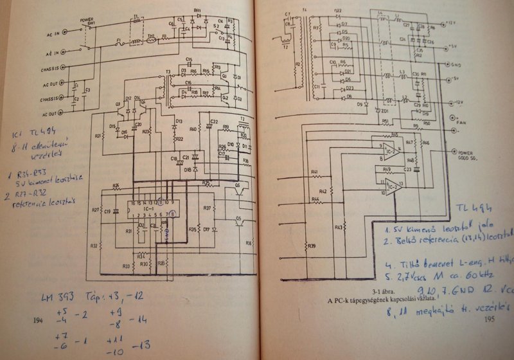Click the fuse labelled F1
coord(118,44)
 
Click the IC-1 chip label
coord(149,209)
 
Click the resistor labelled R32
coord(94,245)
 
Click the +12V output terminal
coord(448,23)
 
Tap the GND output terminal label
coord(457,64)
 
